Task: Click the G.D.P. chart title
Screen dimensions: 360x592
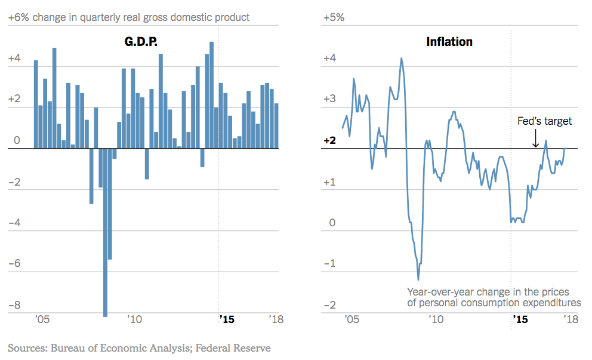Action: pyautogui.click(x=140, y=42)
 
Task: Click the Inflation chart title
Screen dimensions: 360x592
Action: pyautogui.click(x=449, y=42)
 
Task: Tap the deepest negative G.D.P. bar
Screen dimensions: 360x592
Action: pyautogui.click(x=106, y=239)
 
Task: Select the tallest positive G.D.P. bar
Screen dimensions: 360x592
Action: pyautogui.click(x=212, y=96)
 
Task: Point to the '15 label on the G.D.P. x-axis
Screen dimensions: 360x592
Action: pyautogui.click(x=227, y=319)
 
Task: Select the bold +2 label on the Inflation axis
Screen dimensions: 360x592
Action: pyautogui.click(x=330, y=141)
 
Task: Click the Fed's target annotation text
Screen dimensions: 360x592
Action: pyautogui.click(x=544, y=121)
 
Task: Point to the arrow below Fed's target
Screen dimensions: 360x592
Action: pyautogui.click(x=535, y=139)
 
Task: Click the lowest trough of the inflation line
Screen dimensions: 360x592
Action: pyautogui.click(x=418, y=279)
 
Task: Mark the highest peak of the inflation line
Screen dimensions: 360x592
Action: pyautogui.click(x=401, y=59)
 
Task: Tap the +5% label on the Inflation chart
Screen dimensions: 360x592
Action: pyautogui.click(x=334, y=17)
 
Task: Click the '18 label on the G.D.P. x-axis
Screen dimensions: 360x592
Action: pyautogui.click(x=275, y=319)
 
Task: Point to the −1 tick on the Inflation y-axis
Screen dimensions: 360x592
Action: pyautogui.click(x=329, y=264)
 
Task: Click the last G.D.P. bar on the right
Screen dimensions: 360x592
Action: pyautogui.click(x=276, y=126)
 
